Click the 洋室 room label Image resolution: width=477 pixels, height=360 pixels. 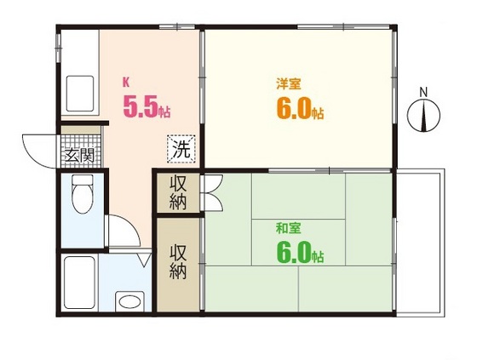pos(287,85)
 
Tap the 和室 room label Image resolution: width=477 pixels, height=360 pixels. pos(287,228)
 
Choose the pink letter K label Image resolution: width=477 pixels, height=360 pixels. pos(126,83)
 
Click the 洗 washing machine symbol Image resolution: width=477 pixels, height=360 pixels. pos(181,148)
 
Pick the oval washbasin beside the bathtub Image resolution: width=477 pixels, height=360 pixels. pos(129,300)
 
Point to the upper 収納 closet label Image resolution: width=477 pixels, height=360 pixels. pos(178,191)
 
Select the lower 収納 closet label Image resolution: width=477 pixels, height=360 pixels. pos(178,261)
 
